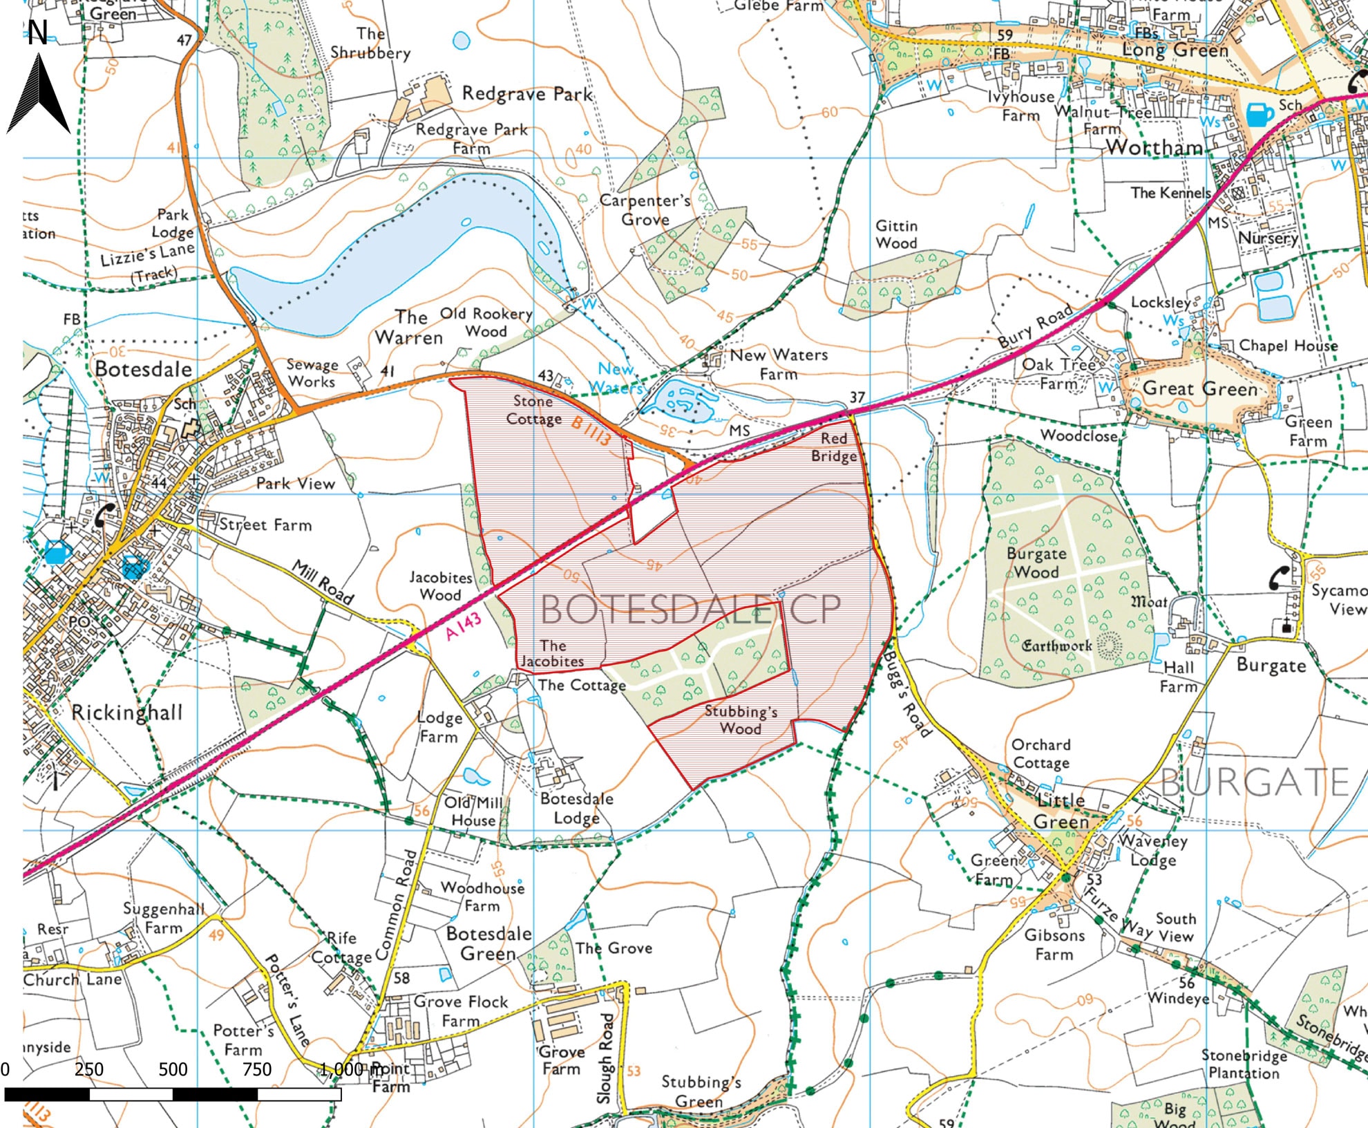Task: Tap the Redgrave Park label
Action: (x=527, y=94)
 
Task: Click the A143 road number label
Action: (x=463, y=626)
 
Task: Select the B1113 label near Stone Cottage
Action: (x=591, y=429)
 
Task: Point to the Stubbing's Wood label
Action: (x=741, y=720)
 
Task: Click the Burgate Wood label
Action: (x=1036, y=563)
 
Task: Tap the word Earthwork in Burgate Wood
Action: (x=1056, y=646)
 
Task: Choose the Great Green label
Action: (x=1200, y=389)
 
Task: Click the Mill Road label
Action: (x=323, y=583)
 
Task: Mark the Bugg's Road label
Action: (x=908, y=695)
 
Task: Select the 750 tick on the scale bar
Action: (x=257, y=1070)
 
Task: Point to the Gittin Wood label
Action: (x=896, y=234)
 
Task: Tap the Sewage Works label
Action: (x=312, y=373)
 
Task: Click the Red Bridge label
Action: (x=834, y=447)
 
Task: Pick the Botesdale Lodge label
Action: (x=576, y=808)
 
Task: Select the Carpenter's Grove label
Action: (x=645, y=210)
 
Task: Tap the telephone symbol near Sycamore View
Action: (x=1279, y=577)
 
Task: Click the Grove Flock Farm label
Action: (x=461, y=1010)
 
